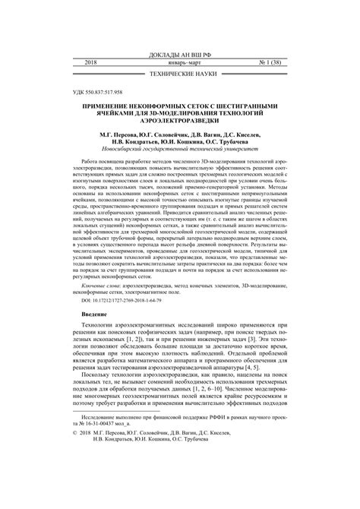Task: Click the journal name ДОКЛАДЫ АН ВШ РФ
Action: point(179,56)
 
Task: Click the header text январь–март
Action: point(179,65)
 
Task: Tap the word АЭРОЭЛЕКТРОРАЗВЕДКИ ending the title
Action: point(179,122)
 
